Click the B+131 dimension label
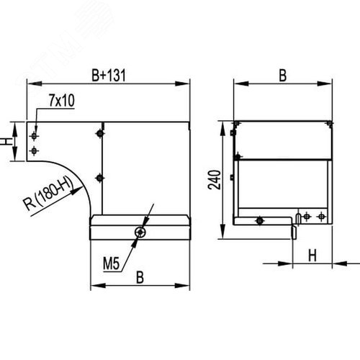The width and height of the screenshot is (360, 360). [109, 75]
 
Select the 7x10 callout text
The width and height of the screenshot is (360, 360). [62, 100]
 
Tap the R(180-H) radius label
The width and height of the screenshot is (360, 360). [48, 194]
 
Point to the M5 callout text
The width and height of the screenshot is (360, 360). [111, 264]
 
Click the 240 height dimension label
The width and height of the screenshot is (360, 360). [215, 180]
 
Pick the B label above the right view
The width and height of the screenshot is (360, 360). [283, 76]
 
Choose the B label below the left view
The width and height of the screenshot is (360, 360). [140, 277]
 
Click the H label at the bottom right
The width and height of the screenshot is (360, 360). [312, 256]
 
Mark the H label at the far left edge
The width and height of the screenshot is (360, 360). [4, 141]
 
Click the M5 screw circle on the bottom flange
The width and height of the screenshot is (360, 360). [140, 232]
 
